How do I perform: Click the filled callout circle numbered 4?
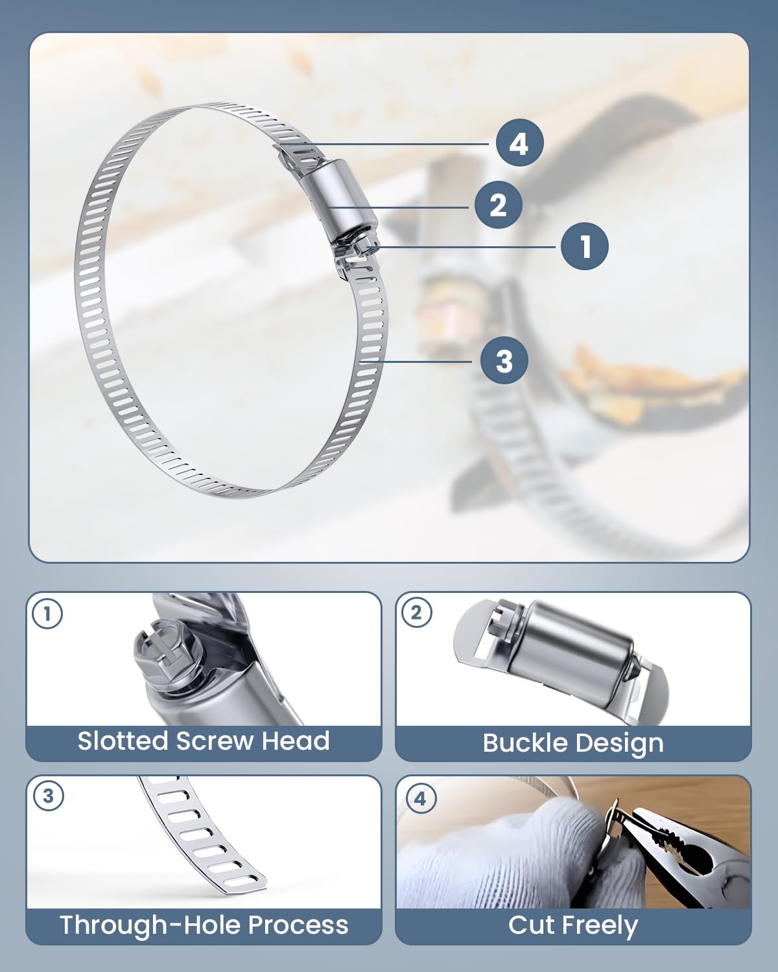[519, 143]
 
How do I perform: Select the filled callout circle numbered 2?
[498, 205]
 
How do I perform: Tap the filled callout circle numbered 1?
[585, 246]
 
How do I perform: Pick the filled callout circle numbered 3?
[504, 360]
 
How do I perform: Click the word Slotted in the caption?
[123, 741]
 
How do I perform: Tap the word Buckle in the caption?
[525, 743]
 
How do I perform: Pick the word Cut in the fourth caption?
[530, 925]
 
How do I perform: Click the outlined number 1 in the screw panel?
[47, 613]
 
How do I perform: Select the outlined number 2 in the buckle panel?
[417, 612]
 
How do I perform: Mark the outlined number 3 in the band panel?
[48, 795]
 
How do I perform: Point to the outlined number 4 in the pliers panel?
[421, 798]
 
